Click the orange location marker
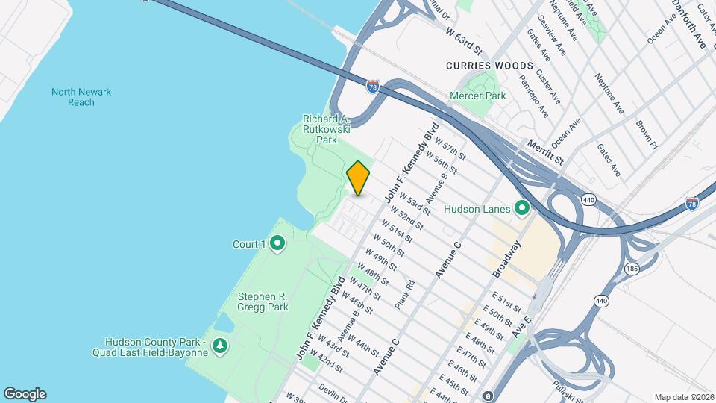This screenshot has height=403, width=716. tap(358, 178)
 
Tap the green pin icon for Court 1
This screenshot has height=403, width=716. tap(277, 243)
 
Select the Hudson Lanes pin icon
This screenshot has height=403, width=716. tap(522, 208)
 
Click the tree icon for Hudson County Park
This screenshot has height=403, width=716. tap(220, 346)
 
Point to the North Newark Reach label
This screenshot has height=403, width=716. tap(81, 97)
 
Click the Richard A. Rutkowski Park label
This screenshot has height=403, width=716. tap(327, 129)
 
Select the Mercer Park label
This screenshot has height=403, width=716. tap(478, 96)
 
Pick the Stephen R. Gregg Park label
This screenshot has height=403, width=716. tap(263, 301)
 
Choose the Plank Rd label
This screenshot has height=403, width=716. tap(404, 294)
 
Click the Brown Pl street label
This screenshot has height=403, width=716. tap(647, 134)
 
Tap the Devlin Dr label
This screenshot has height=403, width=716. tap(333, 391)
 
